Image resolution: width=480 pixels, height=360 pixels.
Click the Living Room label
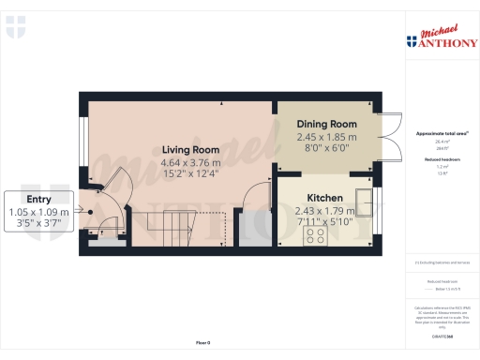[190, 149]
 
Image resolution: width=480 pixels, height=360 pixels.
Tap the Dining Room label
[327, 124]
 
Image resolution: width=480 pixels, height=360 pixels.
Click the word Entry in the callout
[39, 199]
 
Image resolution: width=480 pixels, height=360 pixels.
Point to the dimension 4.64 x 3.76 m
[190, 161]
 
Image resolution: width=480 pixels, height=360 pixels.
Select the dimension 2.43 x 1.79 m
[321, 210]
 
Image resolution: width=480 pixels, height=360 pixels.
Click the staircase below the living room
[164, 227]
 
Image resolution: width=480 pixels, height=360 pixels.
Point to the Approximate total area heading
[439, 134]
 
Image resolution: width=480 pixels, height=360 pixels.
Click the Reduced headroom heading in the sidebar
[439, 161]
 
